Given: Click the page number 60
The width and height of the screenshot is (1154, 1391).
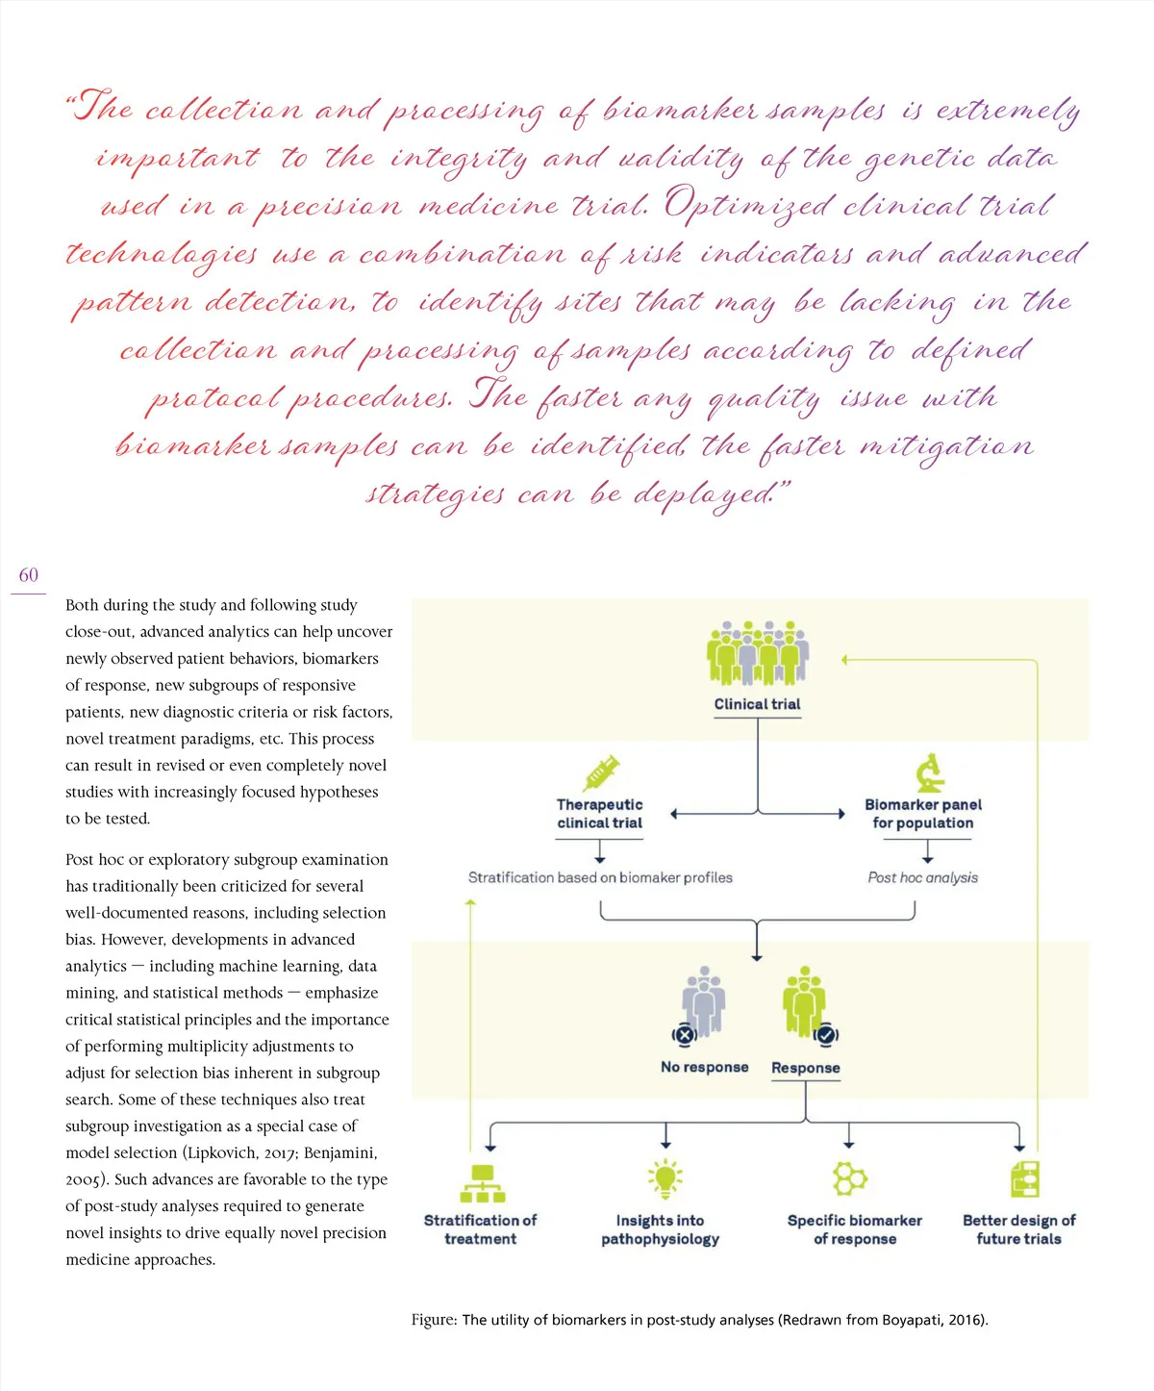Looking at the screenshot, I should click(29, 575).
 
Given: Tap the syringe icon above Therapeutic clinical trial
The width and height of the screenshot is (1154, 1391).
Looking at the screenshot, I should click(601, 772).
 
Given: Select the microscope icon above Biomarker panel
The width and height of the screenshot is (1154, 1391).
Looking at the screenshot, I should click(929, 772).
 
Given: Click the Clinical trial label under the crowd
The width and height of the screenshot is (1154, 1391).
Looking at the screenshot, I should click(757, 704).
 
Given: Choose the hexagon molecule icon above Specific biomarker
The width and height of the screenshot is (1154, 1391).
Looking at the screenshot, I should click(850, 1178).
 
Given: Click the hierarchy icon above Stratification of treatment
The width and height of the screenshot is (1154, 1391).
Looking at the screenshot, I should click(483, 1183).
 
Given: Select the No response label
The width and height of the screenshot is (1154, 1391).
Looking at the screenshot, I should click(704, 1067).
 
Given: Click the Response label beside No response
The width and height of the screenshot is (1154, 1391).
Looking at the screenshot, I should click(806, 1068).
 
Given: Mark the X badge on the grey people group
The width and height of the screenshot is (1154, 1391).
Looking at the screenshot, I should click(684, 1035).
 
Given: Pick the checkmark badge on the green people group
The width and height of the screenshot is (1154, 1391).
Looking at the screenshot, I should click(825, 1035).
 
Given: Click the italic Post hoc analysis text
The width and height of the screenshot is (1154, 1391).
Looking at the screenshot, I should click(922, 877).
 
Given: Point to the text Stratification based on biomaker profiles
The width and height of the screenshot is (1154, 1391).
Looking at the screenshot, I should click(600, 877).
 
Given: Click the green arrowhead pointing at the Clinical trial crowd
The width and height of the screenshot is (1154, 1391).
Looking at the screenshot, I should click(844, 660).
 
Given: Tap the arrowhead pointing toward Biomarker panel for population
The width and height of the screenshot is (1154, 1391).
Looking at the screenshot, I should click(840, 814).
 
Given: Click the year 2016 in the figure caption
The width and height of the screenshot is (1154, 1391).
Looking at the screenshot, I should click(966, 1320).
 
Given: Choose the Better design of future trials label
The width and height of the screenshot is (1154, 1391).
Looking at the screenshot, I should click(1018, 1229).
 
